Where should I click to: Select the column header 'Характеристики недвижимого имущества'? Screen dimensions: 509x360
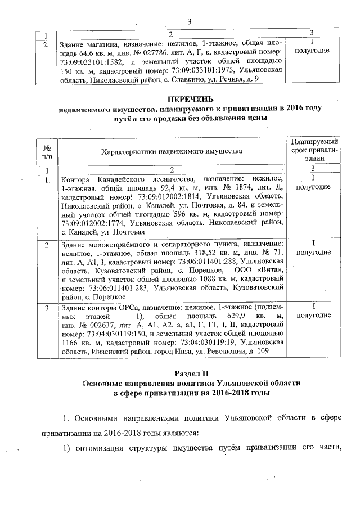click(x=172, y=151)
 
